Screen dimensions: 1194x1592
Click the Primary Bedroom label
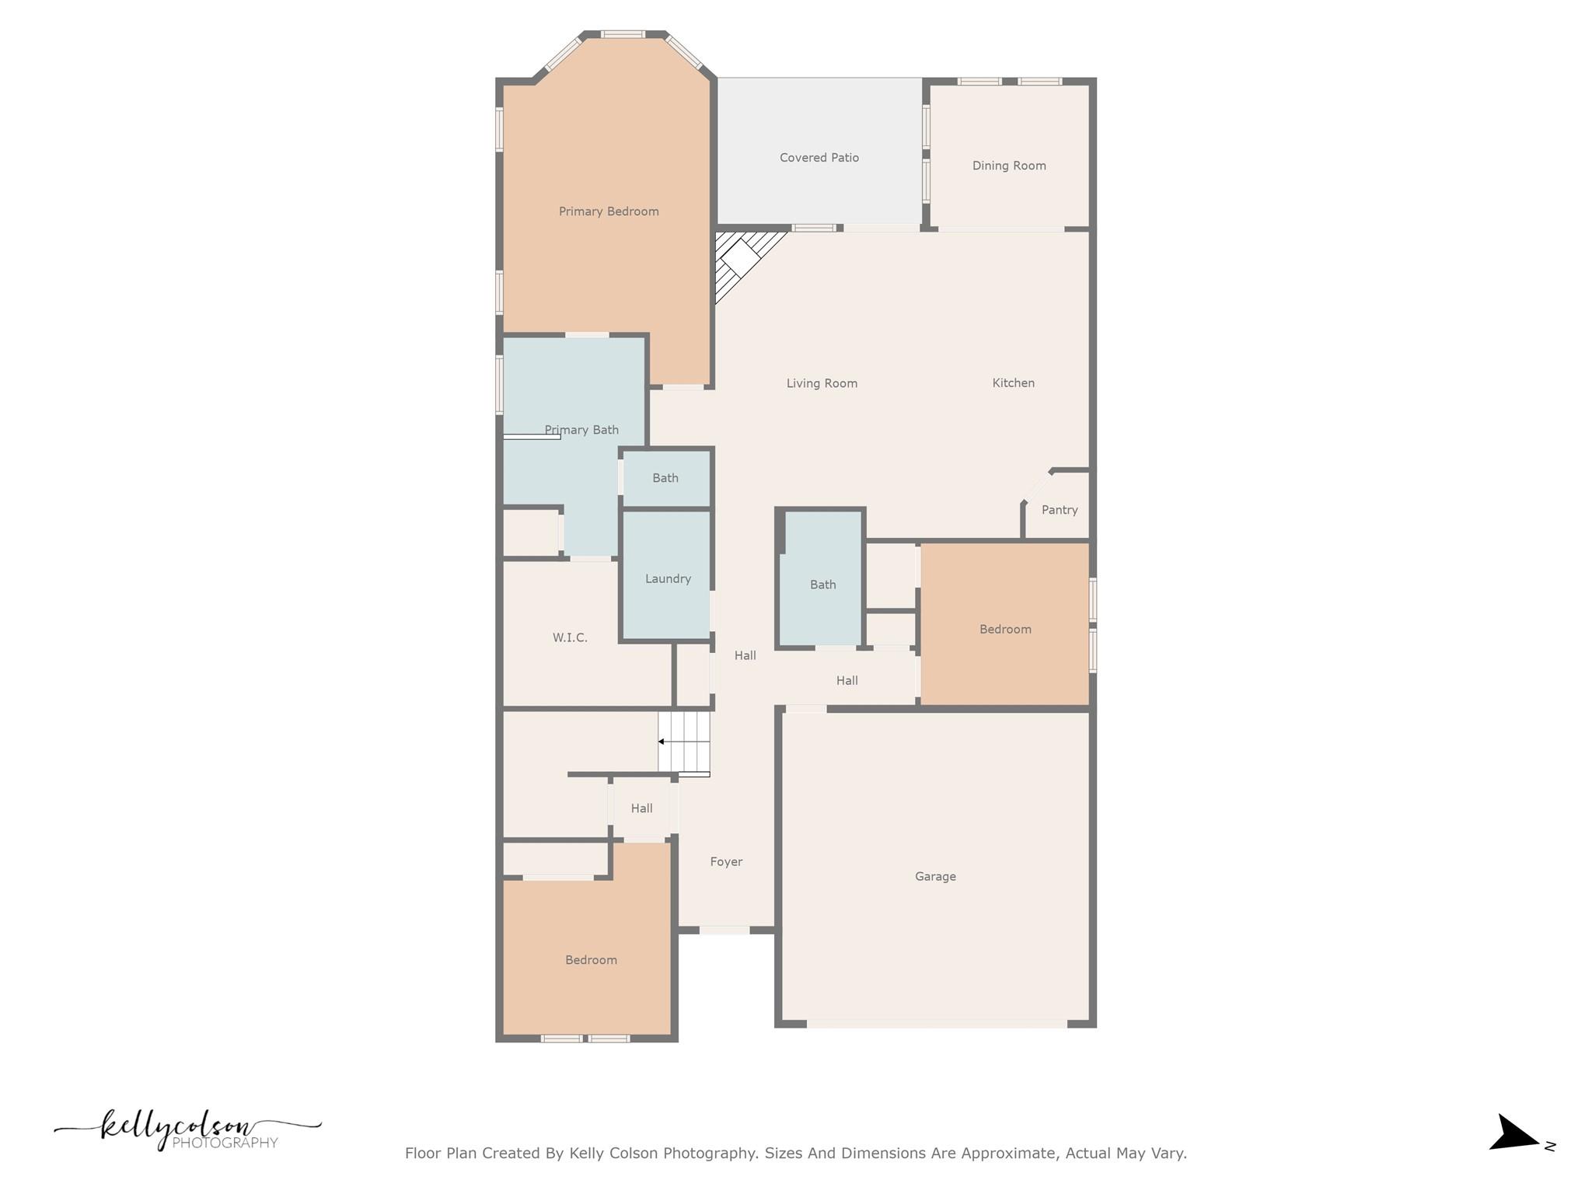point(609,211)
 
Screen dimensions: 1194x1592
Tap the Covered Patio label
point(819,158)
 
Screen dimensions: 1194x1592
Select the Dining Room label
point(1009,166)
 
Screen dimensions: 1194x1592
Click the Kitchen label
point(1013,382)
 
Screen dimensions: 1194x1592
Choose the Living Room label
point(822,383)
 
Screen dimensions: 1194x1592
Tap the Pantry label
point(1060,510)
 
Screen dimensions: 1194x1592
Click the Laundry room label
point(668,578)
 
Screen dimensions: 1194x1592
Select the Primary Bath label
point(581,430)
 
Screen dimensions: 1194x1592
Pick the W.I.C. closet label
point(570,637)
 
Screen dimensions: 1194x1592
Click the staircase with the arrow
point(684,742)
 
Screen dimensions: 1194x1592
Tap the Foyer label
point(726,861)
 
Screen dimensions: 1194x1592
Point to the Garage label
point(935,876)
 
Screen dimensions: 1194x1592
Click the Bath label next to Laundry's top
point(665,478)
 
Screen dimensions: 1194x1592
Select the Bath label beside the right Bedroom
point(822,585)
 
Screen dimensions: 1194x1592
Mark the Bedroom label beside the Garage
point(1005,629)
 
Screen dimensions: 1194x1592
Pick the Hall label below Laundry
point(745,655)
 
